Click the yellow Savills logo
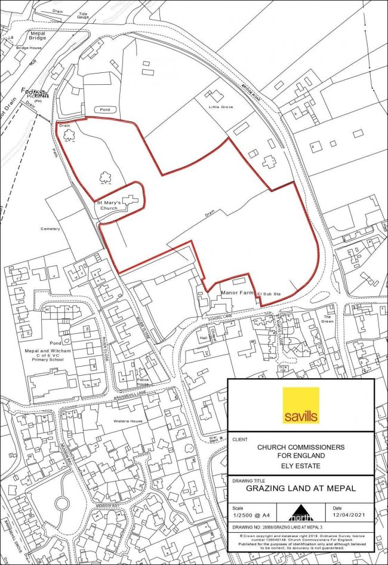301,406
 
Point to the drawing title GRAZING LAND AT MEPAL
301,488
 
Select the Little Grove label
221,107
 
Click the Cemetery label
51,229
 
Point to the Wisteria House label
128,421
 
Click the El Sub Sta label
269,294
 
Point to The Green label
327,318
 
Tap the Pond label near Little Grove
105,110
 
